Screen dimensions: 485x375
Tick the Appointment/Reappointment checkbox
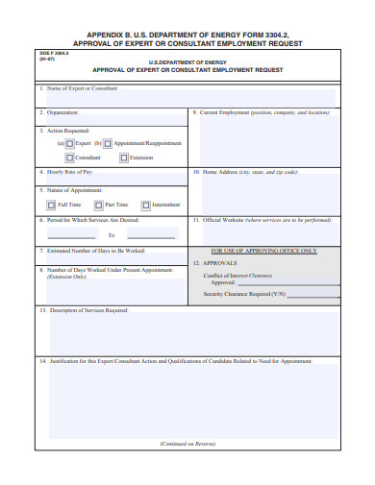click(108, 143)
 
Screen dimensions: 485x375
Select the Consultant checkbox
click(70, 157)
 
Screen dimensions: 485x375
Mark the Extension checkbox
click(124, 157)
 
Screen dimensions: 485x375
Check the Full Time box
click(52, 205)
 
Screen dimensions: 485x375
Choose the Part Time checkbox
click(98, 205)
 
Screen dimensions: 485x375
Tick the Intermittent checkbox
click(146, 205)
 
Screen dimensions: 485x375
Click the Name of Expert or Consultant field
click(187, 98)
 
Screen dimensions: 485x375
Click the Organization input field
click(112, 118)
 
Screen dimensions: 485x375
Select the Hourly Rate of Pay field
click(112, 178)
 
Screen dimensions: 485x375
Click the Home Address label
click(244, 172)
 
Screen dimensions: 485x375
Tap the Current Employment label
click(260, 111)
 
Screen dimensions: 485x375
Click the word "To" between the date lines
click(112, 234)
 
